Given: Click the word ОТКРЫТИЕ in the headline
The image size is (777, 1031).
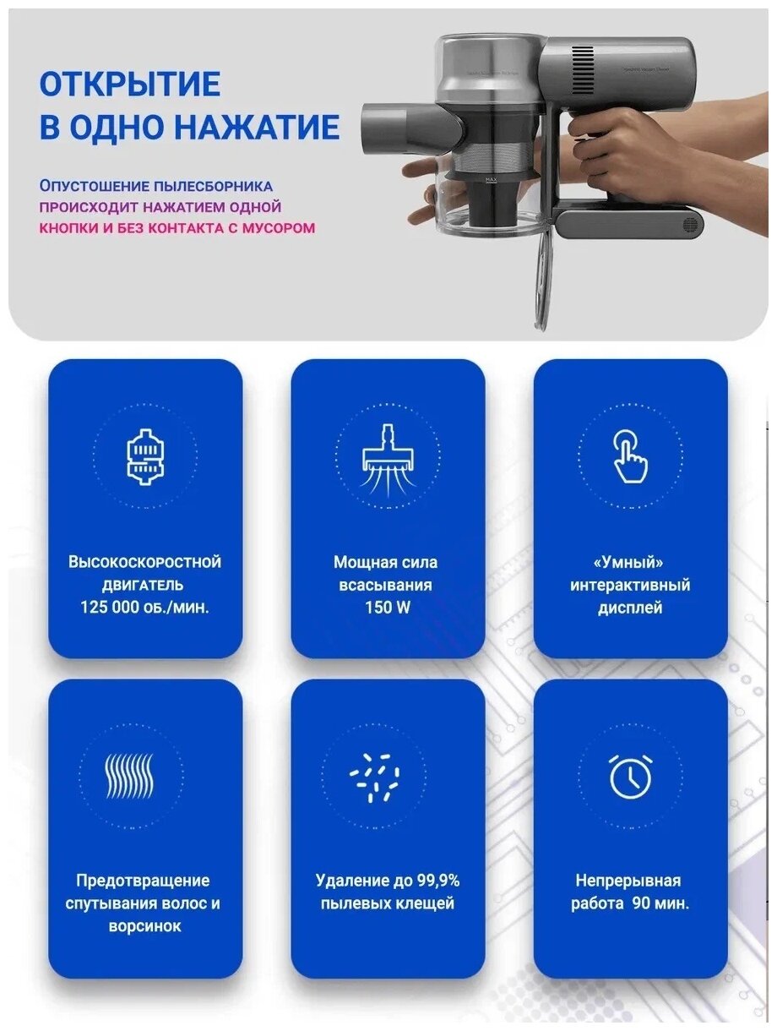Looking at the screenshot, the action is tap(130, 85).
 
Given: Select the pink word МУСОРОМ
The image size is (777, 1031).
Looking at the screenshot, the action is tap(280, 228).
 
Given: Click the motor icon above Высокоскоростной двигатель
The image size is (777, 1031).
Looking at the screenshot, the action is tap(145, 456).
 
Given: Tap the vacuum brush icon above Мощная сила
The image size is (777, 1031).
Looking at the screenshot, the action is tap(388, 460).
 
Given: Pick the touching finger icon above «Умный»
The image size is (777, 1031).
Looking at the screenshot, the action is tap(630, 456).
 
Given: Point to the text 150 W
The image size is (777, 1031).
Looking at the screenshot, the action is tap(388, 608).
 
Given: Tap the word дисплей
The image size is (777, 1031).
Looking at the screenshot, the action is tap(630, 608).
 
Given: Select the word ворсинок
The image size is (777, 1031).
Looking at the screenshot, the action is tap(145, 927).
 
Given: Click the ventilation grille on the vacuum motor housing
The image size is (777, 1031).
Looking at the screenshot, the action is tap(584, 70).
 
